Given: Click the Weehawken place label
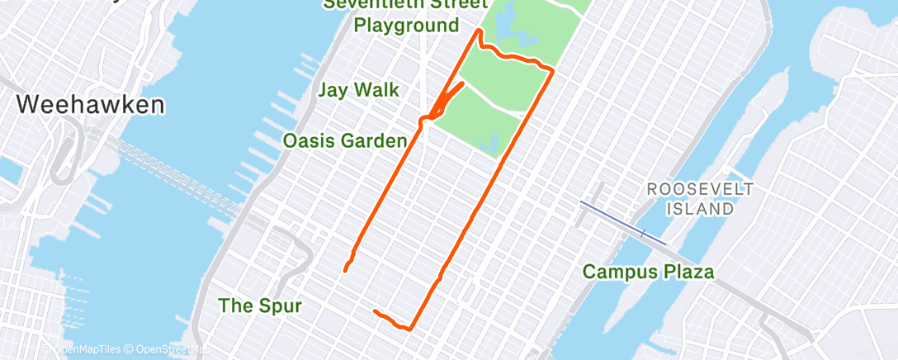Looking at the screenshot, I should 90,105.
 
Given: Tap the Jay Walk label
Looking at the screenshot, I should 359,90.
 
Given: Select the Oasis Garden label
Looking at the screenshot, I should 345,141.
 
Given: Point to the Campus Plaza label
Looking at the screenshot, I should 648,271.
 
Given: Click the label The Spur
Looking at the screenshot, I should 260,306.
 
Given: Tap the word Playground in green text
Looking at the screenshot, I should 406,26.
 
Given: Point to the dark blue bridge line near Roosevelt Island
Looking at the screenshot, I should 622,222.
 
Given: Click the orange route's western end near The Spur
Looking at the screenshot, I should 345,268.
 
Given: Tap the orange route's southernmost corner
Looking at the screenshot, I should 409,329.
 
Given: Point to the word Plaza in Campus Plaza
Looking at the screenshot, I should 688,271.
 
